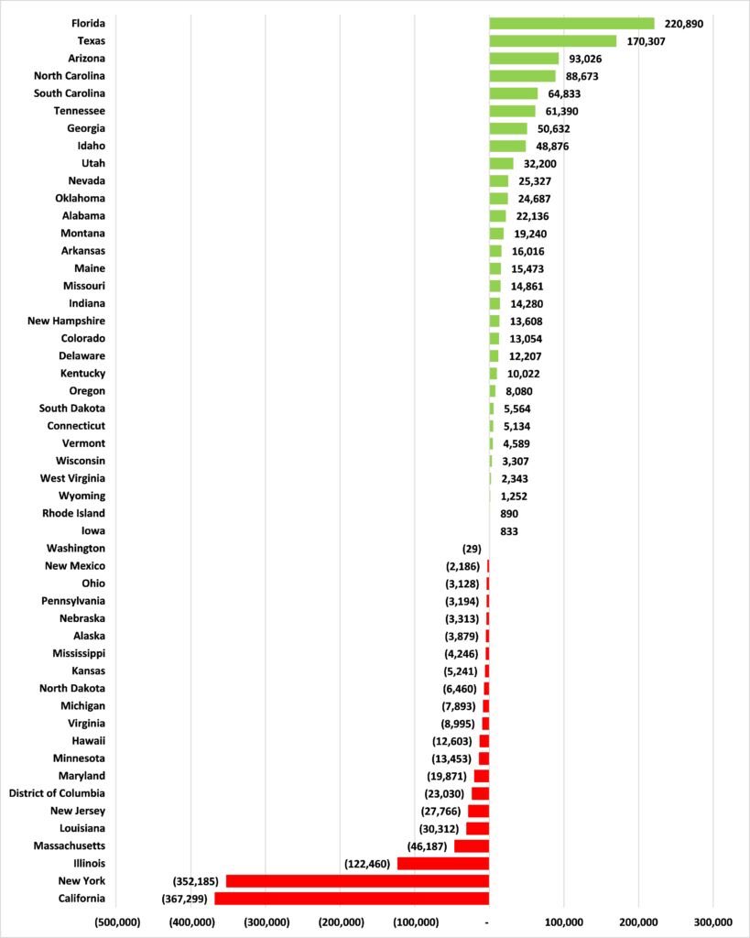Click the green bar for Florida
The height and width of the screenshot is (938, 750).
pyautogui.click(x=571, y=24)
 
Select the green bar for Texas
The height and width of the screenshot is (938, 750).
pyautogui.click(x=553, y=41)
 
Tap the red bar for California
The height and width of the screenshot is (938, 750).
pyautogui.click(x=352, y=899)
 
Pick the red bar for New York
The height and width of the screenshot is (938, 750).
pyautogui.click(x=357, y=881)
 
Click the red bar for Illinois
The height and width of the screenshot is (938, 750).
pyautogui.click(x=443, y=864)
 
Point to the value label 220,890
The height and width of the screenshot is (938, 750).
pyautogui.click(x=683, y=24)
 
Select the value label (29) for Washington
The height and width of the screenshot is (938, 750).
pyautogui.click(x=472, y=549)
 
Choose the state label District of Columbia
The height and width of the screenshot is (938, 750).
pyautogui.click(x=57, y=793)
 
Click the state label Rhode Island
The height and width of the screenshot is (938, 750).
pyautogui.click(x=73, y=514)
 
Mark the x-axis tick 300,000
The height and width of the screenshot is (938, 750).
pyautogui.click(x=712, y=922)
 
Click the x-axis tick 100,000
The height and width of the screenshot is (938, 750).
pyautogui.click(x=563, y=922)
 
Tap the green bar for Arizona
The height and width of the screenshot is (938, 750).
pyautogui.click(x=524, y=59)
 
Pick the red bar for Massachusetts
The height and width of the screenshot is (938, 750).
pyautogui.click(x=472, y=846)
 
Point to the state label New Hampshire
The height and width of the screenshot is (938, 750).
pyautogui.click(x=66, y=322)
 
